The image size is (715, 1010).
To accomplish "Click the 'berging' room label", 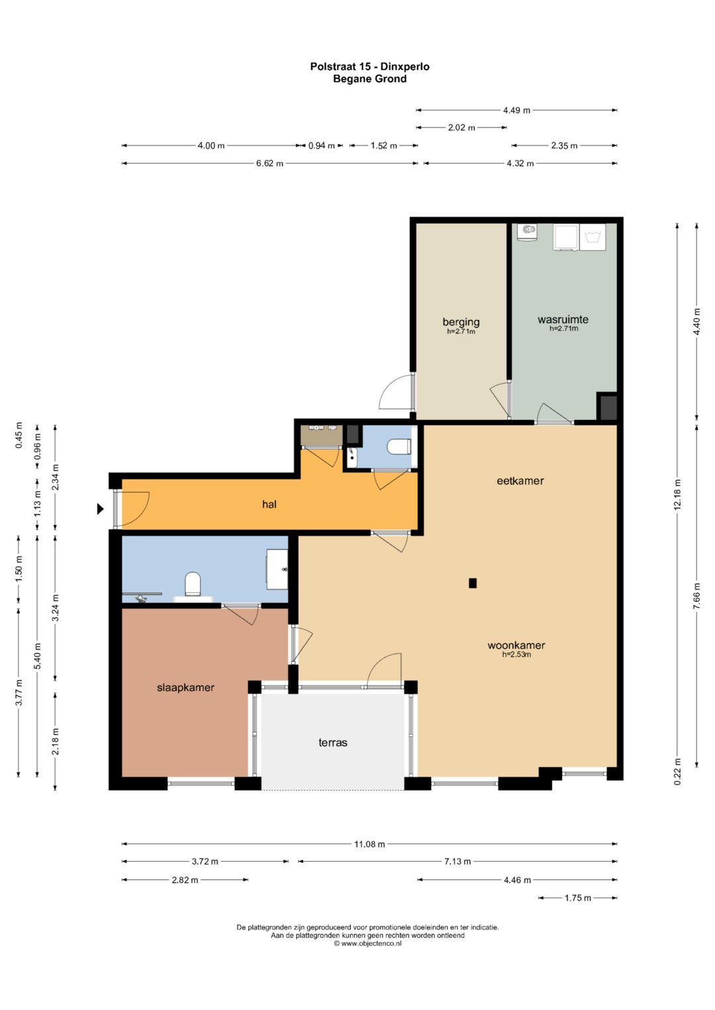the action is [461, 322].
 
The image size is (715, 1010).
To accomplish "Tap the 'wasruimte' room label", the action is [563, 319].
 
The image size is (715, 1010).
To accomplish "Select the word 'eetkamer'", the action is [520, 481].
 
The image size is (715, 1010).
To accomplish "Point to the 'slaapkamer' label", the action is [185, 688].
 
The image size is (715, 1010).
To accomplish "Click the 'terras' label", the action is [333, 743].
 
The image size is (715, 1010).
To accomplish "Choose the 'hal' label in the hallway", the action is [269, 504].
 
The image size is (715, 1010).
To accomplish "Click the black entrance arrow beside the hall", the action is [100, 509].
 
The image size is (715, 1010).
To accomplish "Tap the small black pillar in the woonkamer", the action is [473, 583].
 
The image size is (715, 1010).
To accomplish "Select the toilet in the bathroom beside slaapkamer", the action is [193, 583].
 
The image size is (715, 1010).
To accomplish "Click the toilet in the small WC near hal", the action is [399, 446].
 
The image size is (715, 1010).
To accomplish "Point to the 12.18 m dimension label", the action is [677, 494].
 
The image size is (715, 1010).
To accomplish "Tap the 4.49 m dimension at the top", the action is [516, 110].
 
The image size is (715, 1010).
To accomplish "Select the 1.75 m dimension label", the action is [577, 898].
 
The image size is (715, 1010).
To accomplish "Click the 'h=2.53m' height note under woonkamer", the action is [516, 654].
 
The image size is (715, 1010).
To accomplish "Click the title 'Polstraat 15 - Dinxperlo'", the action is [369, 67].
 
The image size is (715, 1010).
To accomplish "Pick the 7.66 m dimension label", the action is [697, 596].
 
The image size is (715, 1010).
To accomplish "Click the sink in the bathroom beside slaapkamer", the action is [277, 569].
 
